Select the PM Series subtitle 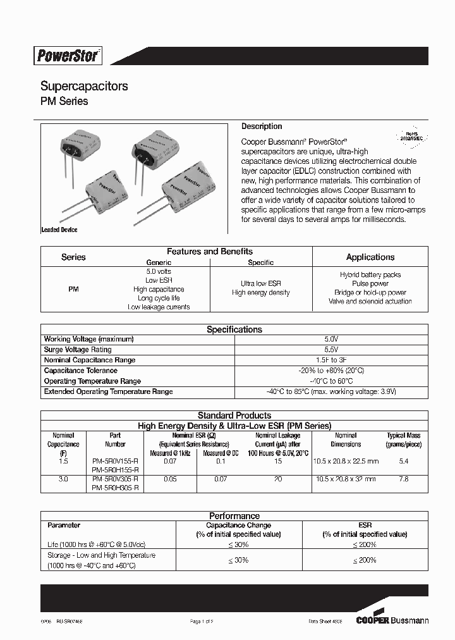tap(64, 101)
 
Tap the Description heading tap(262, 126)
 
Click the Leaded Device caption tap(59, 230)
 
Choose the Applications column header tap(370, 257)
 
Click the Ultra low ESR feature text tap(260, 284)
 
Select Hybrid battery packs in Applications tap(370, 275)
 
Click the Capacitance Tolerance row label tap(80, 371)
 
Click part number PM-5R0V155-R tap(115, 462)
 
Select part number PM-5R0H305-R tap(115, 488)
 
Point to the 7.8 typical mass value tap(404, 479)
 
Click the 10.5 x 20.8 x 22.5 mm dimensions tap(346, 462)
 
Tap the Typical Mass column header tap(404, 440)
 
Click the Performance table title tap(234, 516)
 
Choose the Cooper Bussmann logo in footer tap(392, 620)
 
